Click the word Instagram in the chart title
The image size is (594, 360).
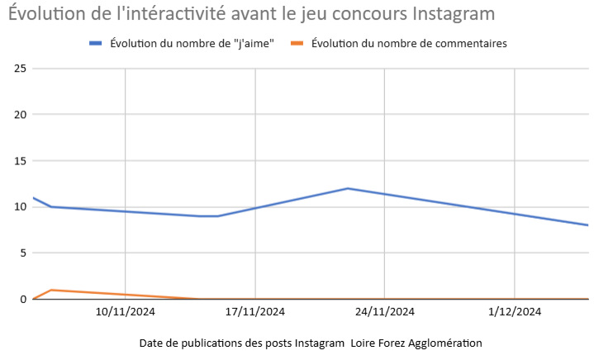tap(450, 14)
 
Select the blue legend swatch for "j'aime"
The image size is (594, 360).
tap(96, 42)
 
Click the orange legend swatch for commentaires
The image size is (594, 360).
tap(298, 42)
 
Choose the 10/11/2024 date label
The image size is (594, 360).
tap(125, 311)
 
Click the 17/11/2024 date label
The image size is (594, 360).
tap(254, 311)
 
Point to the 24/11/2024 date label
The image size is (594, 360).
tap(385, 311)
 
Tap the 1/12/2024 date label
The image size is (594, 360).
tap(515, 311)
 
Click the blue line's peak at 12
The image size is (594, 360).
tap(348, 188)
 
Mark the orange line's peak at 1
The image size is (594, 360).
tap(51, 290)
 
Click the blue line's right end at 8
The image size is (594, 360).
tap(587, 225)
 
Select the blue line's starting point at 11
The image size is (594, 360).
tap(33, 197)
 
